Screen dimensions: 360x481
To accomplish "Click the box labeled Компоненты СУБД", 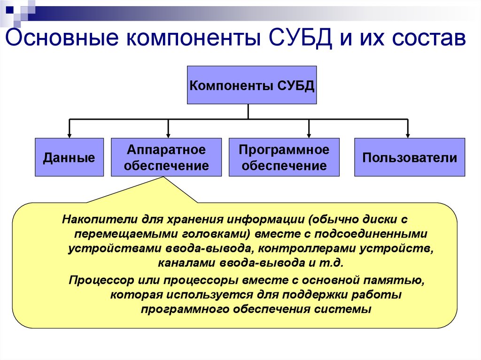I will pos(252,85).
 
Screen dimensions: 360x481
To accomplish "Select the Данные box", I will pos(69,157).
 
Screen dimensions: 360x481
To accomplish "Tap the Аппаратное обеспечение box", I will pos(166,157).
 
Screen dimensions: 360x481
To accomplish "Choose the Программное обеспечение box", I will pos(284,157).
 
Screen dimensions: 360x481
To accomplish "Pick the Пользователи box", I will pos(409,157).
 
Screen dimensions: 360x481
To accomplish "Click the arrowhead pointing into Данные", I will pos(70,135).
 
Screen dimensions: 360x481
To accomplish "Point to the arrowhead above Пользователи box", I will pos(408,135).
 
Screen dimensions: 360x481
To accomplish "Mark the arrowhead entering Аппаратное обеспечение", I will pos(168,135).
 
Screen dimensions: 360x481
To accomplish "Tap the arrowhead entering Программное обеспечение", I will pos(309,135).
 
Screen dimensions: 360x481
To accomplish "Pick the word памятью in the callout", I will pos(401,281).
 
